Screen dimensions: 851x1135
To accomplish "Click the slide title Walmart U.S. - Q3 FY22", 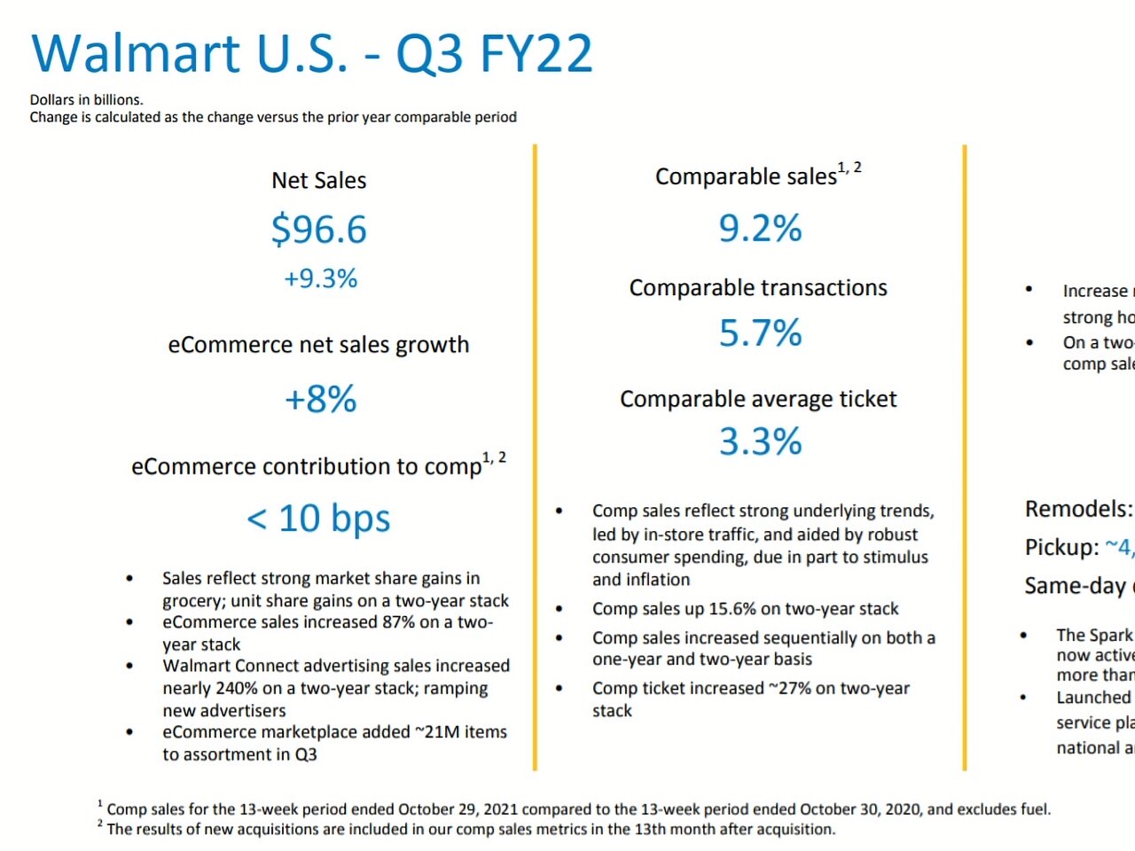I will tap(311, 53).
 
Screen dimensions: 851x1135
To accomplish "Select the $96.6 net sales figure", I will tap(319, 230).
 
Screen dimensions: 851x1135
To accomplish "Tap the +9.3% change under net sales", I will tap(320, 279).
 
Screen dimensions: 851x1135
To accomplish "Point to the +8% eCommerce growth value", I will tap(320, 400).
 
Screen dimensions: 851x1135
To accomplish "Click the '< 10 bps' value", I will tap(318, 519).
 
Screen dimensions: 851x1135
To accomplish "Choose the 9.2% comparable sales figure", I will tap(760, 229).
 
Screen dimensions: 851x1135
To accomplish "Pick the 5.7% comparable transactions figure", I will tap(760, 333).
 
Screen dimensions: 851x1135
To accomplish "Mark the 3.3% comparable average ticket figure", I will tap(760, 441).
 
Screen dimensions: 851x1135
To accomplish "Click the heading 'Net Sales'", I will tap(319, 181).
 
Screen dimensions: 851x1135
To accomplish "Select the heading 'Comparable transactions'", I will tap(758, 288).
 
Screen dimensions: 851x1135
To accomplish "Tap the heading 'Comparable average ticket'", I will tap(758, 399).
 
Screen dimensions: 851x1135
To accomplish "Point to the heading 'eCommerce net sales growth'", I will tap(318, 345).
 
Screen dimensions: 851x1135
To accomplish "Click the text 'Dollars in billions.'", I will tap(87, 100).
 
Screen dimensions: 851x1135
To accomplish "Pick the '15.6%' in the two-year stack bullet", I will tap(724, 609).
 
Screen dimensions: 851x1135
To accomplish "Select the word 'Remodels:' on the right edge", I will tap(1078, 510).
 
